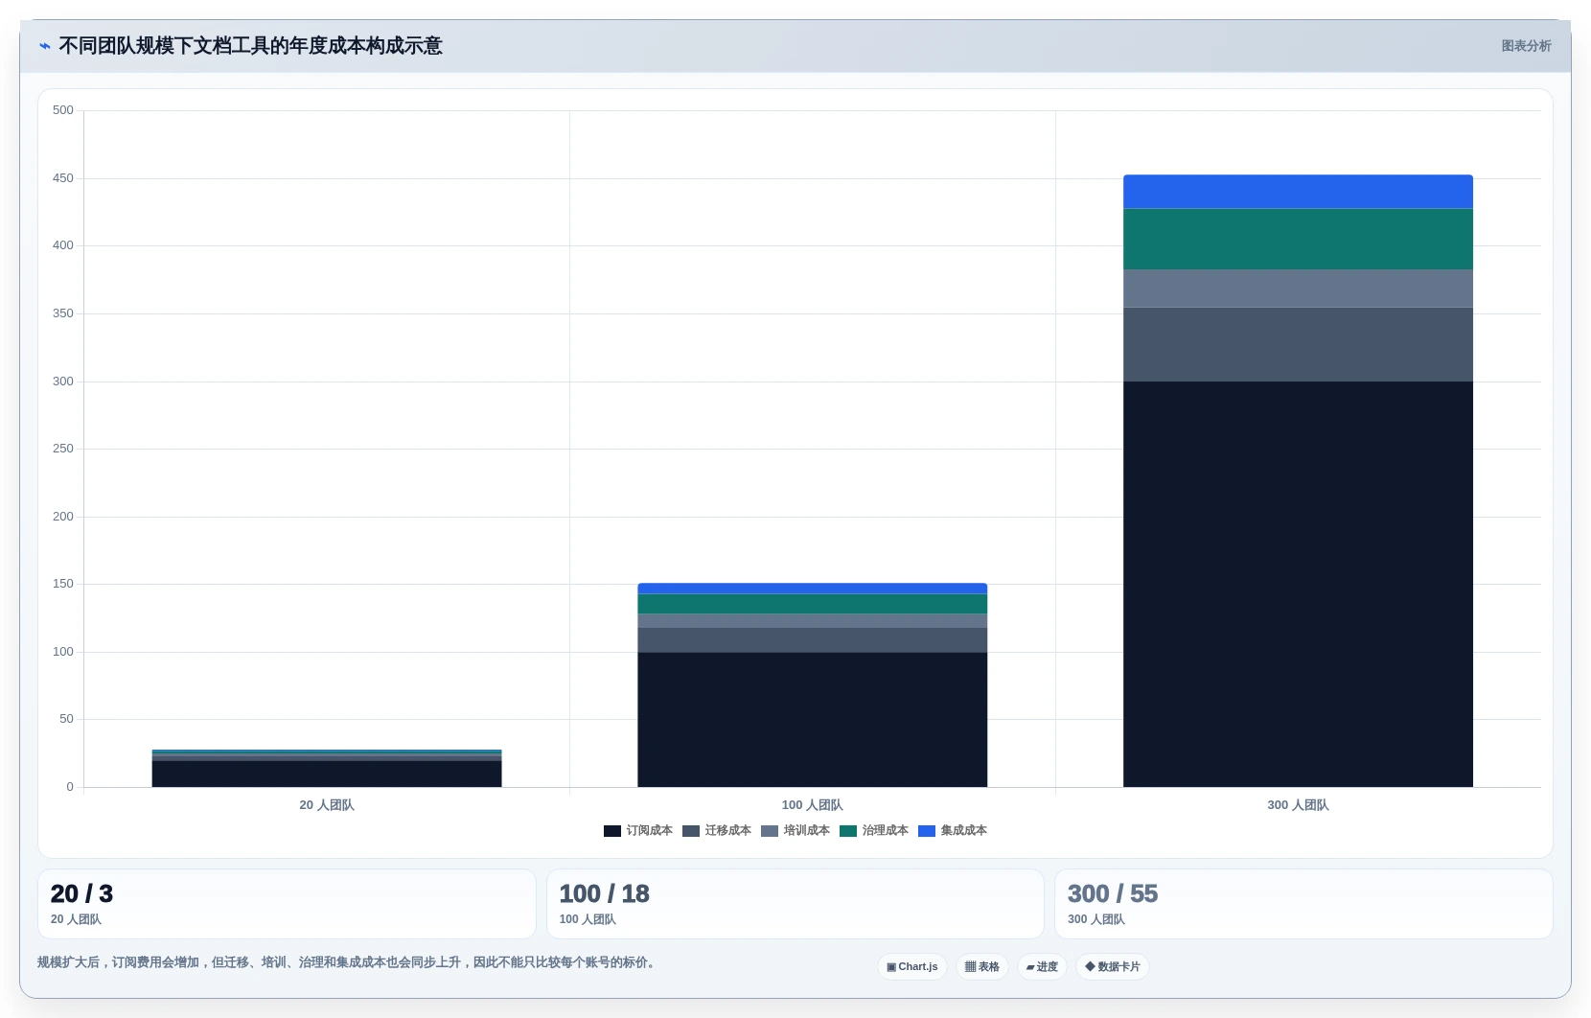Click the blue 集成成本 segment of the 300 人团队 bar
(x=1298, y=192)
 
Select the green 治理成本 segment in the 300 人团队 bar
(x=1298, y=240)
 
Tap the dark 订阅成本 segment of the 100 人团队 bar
(x=812, y=720)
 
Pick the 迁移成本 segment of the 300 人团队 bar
(x=1298, y=344)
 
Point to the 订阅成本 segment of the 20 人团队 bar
(x=327, y=774)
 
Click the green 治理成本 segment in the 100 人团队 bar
(x=812, y=604)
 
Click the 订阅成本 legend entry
(x=637, y=830)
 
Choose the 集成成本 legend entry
(x=953, y=830)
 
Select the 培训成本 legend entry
(x=795, y=830)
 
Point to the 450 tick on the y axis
(x=63, y=178)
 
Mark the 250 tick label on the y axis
(x=63, y=449)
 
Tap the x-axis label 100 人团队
(x=812, y=805)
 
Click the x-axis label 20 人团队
(x=327, y=805)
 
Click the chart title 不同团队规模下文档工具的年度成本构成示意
(x=251, y=46)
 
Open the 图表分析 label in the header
(x=1527, y=46)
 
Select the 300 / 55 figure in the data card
(x=1113, y=893)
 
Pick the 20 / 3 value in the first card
(x=81, y=893)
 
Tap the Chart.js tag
(x=912, y=967)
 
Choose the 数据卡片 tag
(x=1113, y=967)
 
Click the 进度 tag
(x=1042, y=967)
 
